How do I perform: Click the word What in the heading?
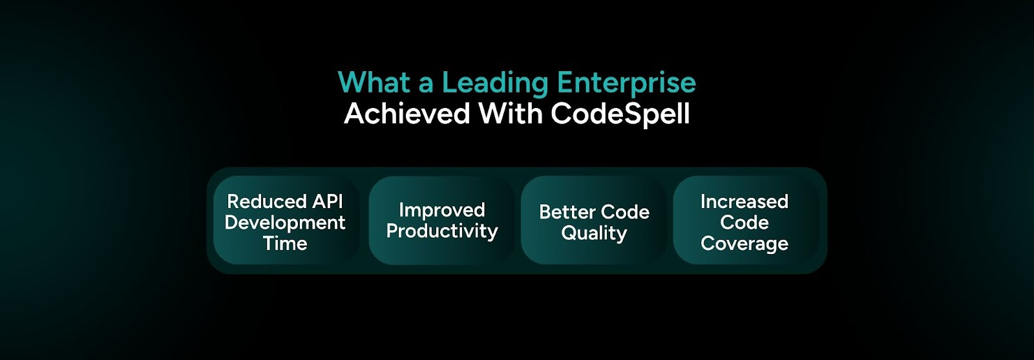pos(374,83)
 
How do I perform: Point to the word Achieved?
pos(407,114)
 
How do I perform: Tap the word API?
pos(328,202)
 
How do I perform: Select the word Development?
pos(285,223)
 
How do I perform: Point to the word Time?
pos(285,244)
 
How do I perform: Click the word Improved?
pos(442,210)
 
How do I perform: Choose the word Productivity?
pos(442,231)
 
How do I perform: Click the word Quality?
pos(595,233)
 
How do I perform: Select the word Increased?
pos(744,202)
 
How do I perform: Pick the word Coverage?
pos(744,244)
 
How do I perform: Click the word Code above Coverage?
pos(744,223)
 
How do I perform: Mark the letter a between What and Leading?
pos(426,85)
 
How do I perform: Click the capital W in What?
pos(352,83)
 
